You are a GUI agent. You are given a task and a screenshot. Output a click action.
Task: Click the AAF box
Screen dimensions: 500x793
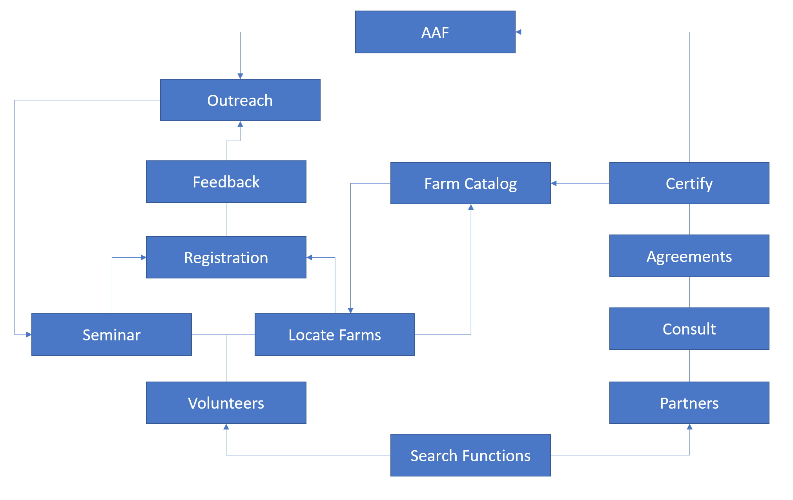[x=435, y=32]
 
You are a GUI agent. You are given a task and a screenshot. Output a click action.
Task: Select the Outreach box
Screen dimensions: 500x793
[x=240, y=100]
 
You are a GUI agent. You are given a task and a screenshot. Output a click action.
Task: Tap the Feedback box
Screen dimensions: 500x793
[x=226, y=182]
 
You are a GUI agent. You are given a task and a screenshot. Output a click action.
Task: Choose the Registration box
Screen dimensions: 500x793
[x=226, y=258]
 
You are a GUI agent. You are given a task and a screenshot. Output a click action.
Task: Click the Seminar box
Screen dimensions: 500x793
[x=111, y=335]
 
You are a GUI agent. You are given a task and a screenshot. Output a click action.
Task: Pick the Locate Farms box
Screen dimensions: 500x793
[x=334, y=335]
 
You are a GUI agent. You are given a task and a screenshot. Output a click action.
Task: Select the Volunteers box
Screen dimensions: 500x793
[x=226, y=403]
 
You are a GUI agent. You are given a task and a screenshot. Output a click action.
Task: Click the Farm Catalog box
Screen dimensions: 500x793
[x=470, y=184]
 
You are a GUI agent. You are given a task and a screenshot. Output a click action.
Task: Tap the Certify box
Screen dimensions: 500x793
[x=689, y=184]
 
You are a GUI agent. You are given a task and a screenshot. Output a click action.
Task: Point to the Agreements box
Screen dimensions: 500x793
[x=689, y=256]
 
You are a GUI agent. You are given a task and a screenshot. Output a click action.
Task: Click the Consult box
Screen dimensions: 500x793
[x=689, y=329]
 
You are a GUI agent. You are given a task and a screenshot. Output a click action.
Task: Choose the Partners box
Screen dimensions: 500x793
[x=689, y=403]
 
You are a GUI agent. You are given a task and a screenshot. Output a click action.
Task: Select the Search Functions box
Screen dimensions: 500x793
[x=470, y=456]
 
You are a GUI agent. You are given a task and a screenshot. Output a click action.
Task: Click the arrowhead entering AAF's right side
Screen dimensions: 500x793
[x=518, y=32]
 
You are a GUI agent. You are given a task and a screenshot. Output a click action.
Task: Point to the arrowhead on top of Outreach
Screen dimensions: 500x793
[x=240, y=76]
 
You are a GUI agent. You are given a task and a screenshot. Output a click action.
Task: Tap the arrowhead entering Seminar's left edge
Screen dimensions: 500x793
[x=29, y=335]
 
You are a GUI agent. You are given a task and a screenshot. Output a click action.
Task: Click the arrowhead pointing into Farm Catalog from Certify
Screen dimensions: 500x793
[x=554, y=183]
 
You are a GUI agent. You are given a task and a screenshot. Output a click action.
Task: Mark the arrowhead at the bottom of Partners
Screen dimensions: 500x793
[x=689, y=427]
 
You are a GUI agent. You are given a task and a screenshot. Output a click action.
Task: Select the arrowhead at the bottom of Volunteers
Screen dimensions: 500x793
[x=226, y=427]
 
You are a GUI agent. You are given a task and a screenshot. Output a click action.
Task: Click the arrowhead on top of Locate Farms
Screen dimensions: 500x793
[x=350, y=311]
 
